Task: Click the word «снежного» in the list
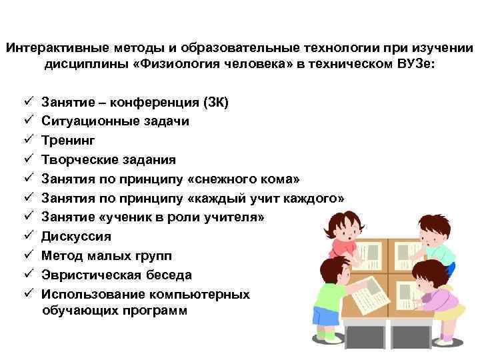tap(226, 179)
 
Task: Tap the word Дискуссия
tap(76, 236)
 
